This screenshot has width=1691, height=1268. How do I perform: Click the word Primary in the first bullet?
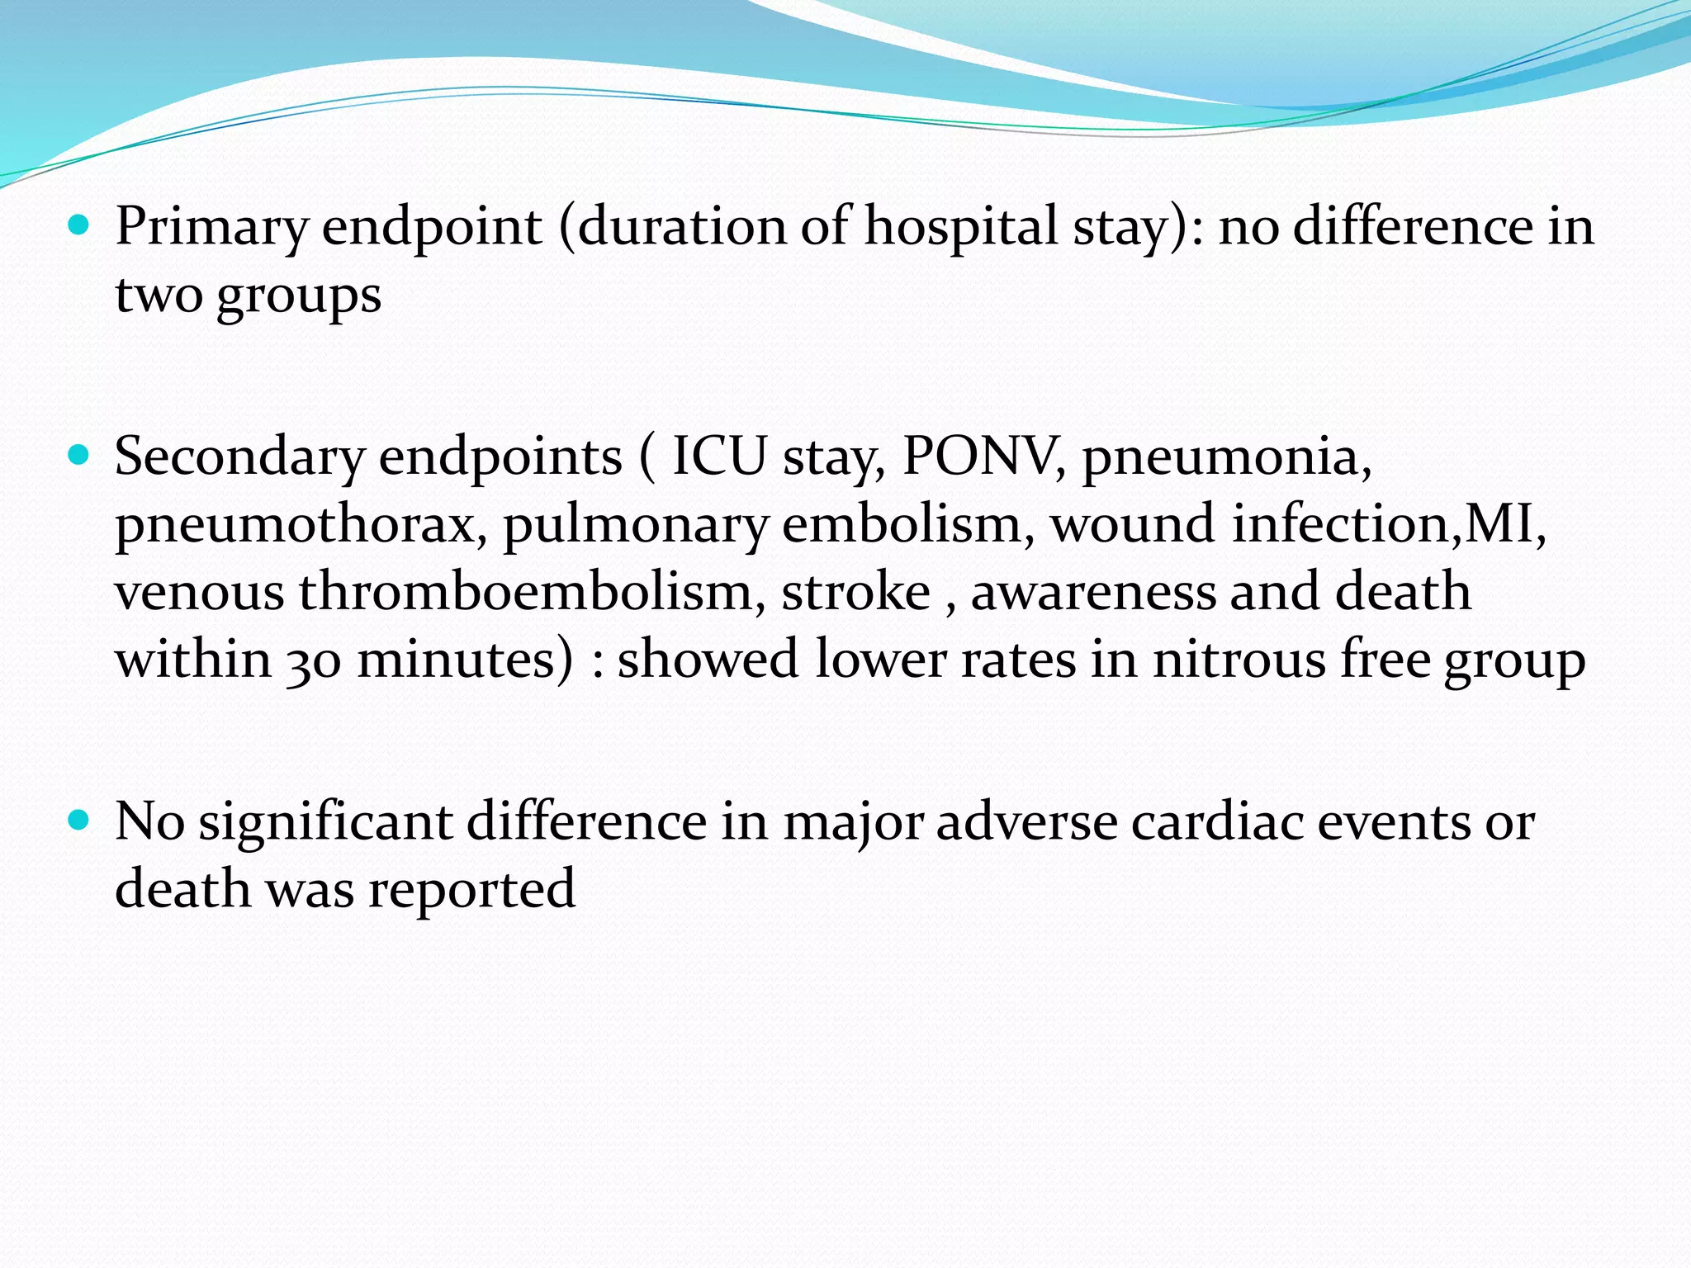coord(212,227)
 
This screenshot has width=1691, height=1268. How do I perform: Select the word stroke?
coord(855,592)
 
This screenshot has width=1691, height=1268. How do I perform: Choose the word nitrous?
coord(1239,660)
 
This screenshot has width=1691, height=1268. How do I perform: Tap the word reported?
coord(471,890)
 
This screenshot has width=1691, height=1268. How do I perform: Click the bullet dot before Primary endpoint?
coord(78,224)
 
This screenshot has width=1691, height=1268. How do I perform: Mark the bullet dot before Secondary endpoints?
coord(78,455)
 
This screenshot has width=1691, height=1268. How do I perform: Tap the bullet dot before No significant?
coord(78,820)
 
